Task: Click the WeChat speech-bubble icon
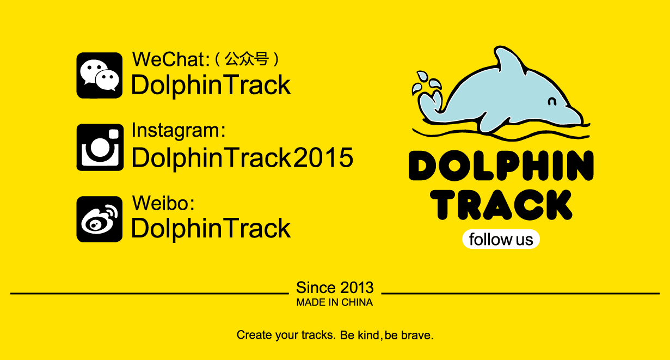99,75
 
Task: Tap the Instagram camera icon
100,147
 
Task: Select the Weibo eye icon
99,219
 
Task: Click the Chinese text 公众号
247,59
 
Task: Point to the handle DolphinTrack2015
242,158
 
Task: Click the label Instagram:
179,131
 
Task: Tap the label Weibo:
163,203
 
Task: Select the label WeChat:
171,59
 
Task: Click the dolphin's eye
552,102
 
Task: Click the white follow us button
501,239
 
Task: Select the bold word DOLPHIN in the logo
501,166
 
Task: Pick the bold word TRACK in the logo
501,205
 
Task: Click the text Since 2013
335,288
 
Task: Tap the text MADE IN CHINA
335,303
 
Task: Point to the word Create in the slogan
254,335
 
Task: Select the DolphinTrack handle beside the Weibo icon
211,228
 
